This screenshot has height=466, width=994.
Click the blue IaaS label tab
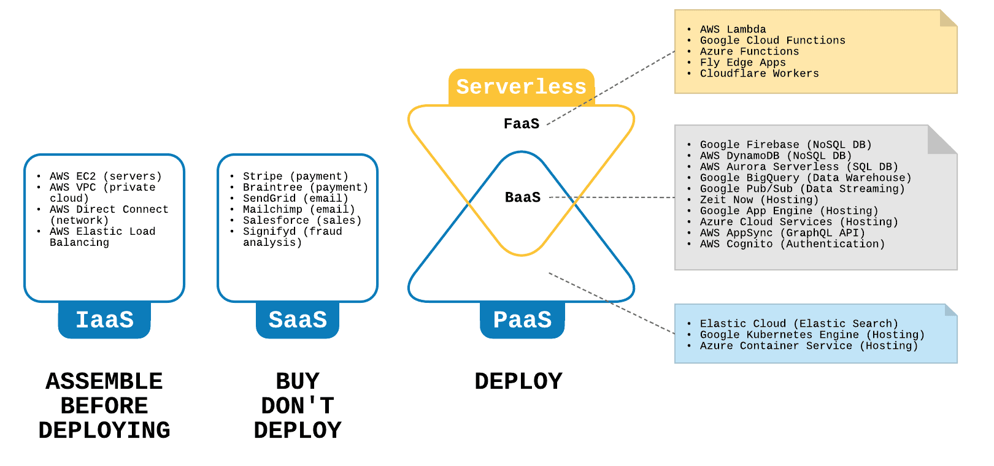[x=104, y=319]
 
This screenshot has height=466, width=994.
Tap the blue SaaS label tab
[x=298, y=319]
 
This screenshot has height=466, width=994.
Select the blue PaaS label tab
[x=522, y=319]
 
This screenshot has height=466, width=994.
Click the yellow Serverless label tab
[x=522, y=87]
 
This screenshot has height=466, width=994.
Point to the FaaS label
[x=522, y=124]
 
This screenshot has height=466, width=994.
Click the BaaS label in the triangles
[x=523, y=197]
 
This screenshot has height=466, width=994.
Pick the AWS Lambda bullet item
[x=733, y=29]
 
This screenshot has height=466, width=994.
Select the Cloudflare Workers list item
[x=759, y=74]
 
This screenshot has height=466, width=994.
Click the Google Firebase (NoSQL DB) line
[x=786, y=145]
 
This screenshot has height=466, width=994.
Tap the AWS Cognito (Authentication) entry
[x=793, y=244]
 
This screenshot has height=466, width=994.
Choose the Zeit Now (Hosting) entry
[x=759, y=200]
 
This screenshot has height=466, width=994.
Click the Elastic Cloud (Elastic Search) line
[x=799, y=324]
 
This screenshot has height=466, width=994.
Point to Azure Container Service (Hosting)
[x=809, y=346]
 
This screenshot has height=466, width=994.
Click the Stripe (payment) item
[x=296, y=177]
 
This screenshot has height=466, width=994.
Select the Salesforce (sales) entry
[x=302, y=220]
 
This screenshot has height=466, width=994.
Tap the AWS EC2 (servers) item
[x=106, y=177]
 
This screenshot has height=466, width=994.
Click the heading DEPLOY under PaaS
[x=518, y=381]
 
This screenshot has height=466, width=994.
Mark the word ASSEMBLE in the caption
[x=104, y=381]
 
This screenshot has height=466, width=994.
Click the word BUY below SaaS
[x=298, y=381]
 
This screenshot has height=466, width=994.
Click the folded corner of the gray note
[x=942, y=140]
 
